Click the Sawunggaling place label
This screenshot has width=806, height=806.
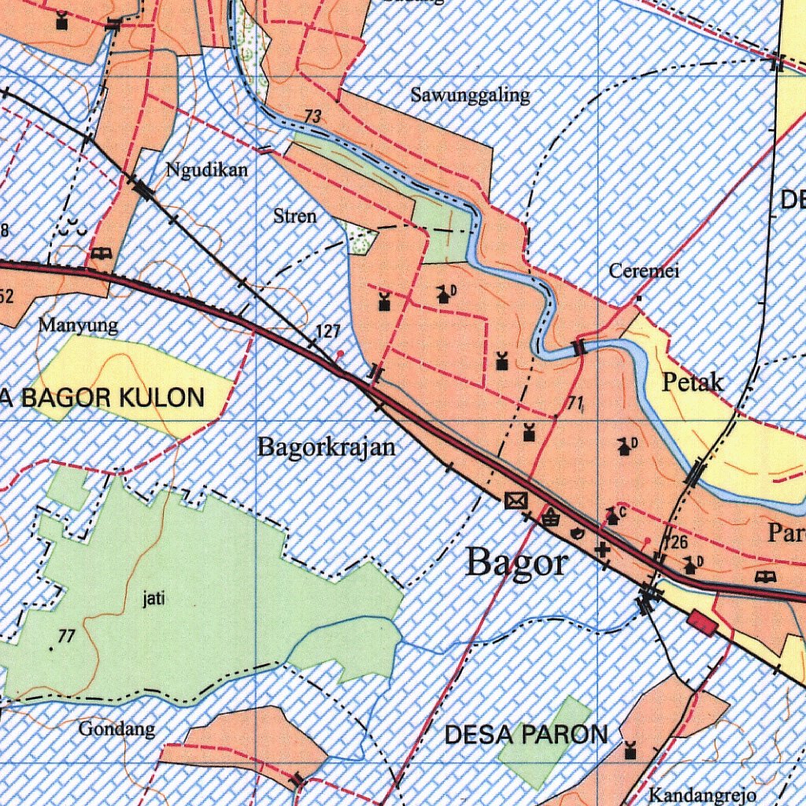471,96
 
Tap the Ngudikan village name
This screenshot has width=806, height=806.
207,170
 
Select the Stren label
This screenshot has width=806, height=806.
295,216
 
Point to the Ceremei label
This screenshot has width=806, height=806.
645,272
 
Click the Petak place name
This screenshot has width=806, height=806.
693,383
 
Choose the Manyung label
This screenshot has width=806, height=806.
78,325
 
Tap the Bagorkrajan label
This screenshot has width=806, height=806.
327,448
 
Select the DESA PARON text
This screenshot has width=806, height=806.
526,735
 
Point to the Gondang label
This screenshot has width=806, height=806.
116,730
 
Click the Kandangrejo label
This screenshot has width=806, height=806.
702,795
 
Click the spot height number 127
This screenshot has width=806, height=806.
327,332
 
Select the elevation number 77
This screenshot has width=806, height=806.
66,636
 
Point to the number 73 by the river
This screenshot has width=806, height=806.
312,117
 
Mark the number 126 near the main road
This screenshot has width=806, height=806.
676,542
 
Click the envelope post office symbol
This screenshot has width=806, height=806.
516,500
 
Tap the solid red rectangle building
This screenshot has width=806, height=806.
701,623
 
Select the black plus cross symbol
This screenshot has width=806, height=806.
603,549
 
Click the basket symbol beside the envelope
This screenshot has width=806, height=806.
551,517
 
